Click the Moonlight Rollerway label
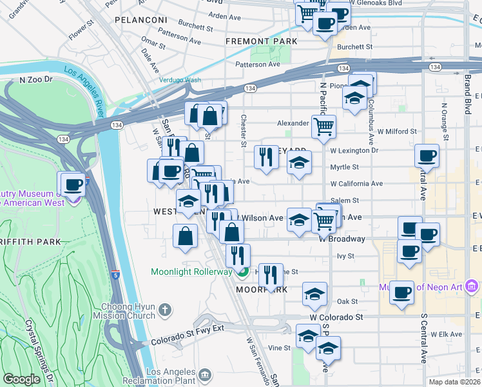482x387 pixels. point(191,272)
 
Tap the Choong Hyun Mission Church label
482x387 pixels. point(128,311)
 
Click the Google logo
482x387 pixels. point(21,379)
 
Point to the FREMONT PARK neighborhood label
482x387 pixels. point(261,41)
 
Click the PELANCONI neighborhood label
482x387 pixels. point(141,20)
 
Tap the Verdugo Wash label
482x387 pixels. point(180,81)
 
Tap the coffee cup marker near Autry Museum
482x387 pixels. point(73,184)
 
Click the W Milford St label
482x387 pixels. point(397,131)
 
